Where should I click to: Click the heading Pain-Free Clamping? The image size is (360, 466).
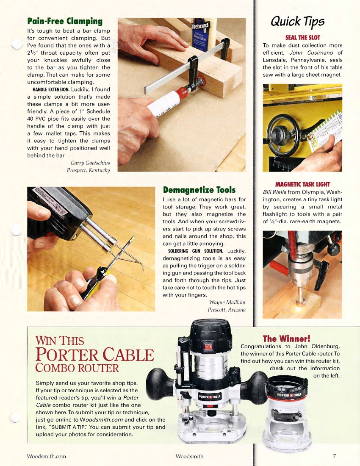click(65, 21)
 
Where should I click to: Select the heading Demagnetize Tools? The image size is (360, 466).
click(199, 189)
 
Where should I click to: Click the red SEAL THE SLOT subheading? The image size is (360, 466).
click(302, 38)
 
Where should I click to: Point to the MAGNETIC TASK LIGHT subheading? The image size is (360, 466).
click(302, 184)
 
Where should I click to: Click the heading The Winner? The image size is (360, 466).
click(287, 338)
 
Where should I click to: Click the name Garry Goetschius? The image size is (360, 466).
click(90, 163)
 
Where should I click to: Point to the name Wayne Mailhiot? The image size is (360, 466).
click(227, 302)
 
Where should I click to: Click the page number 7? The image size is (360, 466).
click(334, 456)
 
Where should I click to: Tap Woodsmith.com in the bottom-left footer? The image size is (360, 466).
click(47, 456)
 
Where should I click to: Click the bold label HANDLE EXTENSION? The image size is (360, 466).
click(51, 89)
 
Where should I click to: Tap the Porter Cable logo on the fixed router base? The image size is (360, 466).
click(289, 395)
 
